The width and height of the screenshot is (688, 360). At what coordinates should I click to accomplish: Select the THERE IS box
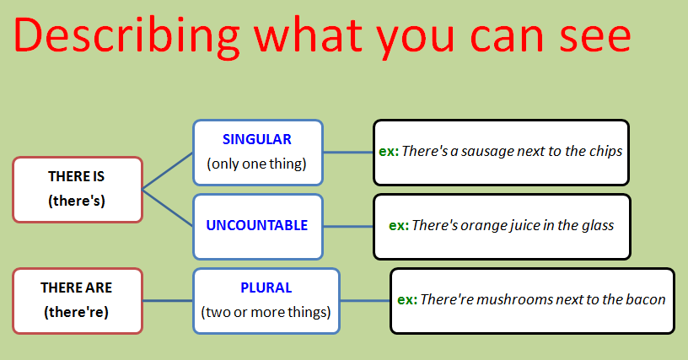[x=78, y=190]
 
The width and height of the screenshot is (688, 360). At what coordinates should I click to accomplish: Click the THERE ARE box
[x=78, y=301]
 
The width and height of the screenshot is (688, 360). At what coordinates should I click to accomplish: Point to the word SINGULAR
[x=256, y=139]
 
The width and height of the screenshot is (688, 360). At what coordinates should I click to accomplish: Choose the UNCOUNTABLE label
[x=256, y=225]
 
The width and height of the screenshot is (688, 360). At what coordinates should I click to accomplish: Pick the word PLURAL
[x=266, y=287]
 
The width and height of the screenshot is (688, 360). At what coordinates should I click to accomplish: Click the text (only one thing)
[x=256, y=164]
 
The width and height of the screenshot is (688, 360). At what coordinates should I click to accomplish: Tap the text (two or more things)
[x=266, y=312]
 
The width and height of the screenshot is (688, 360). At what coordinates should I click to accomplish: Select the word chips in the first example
[x=605, y=151]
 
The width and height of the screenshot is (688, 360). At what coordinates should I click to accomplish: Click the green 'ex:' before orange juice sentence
[x=399, y=226]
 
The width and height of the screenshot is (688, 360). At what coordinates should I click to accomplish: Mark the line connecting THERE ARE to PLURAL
[x=168, y=301]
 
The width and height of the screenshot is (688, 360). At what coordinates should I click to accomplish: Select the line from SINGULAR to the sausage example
[x=348, y=153]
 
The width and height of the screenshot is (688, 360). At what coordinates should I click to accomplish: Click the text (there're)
[x=77, y=312]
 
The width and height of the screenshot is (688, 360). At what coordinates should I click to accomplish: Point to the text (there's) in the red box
[x=77, y=201]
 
